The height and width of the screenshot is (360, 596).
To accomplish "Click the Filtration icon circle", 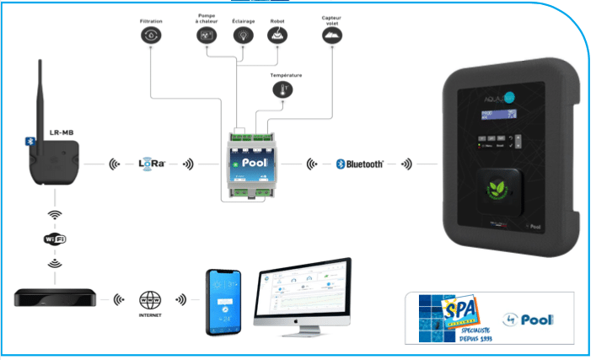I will coord(150,35).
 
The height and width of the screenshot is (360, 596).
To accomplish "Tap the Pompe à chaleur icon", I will coord(207,35).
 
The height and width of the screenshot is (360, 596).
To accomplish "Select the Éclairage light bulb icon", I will coord(243,35).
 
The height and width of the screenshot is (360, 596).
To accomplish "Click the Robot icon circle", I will coord(277,35).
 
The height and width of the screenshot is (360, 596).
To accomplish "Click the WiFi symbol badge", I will coord(54,239).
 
